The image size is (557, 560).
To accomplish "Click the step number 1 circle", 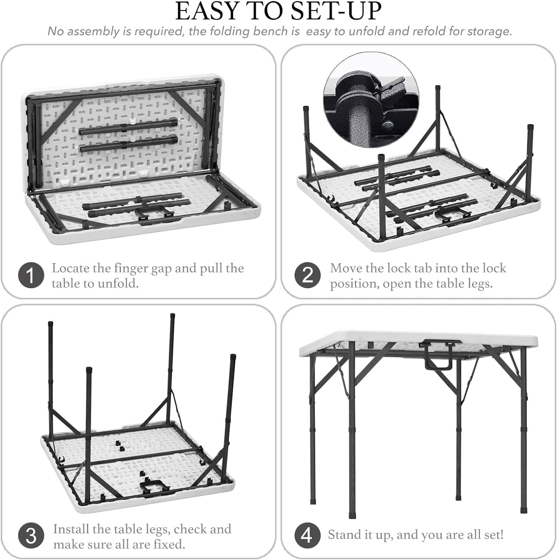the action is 31,276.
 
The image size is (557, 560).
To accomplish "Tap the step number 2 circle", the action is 307,276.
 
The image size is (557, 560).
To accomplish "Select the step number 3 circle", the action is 31,536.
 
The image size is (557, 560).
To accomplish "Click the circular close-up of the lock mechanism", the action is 371,100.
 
